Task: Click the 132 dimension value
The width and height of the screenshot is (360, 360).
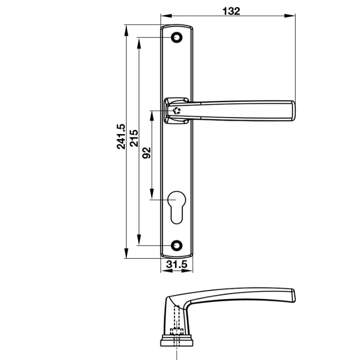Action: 231,11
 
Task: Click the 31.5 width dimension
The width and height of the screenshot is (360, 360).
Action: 176,265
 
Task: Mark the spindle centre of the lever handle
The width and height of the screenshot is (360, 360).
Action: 177,111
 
